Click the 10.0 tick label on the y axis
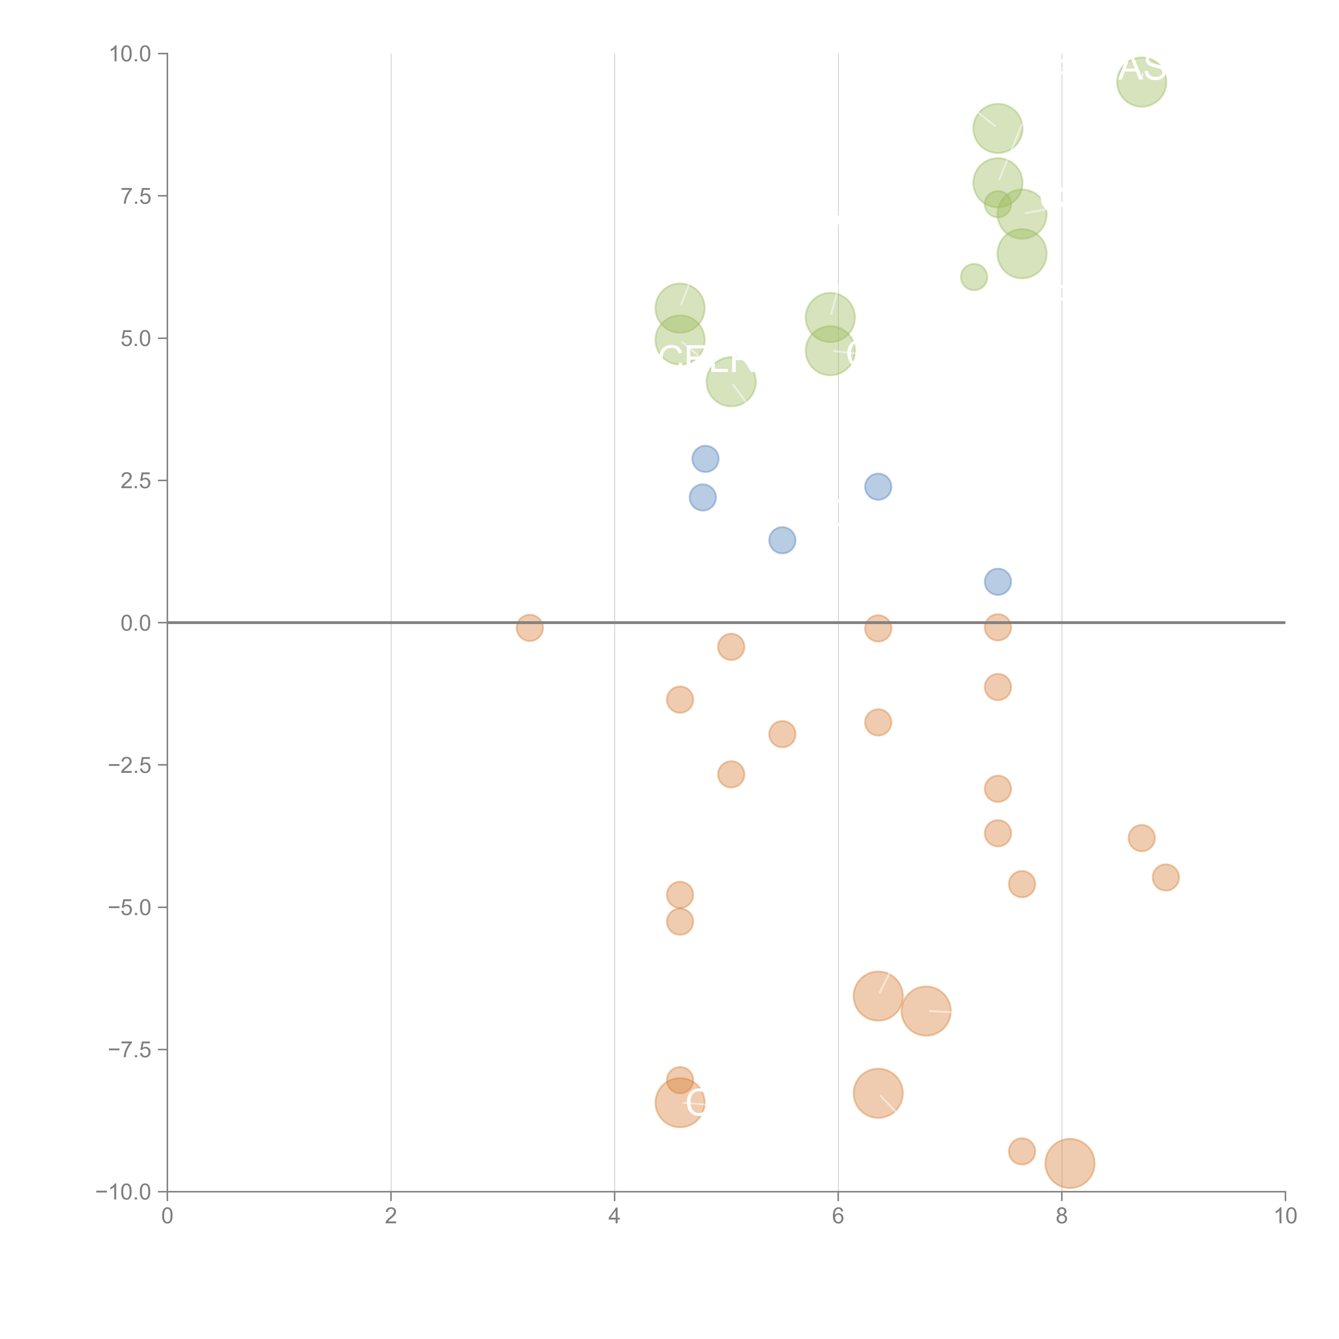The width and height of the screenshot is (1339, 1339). click(x=130, y=54)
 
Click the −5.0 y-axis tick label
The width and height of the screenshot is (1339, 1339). click(x=130, y=907)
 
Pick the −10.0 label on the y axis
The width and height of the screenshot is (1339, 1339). click(x=125, y=1192)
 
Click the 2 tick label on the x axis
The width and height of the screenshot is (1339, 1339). click(x=391, y=1216)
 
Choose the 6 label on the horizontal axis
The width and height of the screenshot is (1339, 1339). click(x=838, y=1216)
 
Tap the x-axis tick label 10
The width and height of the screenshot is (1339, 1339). click(x=1285, y=1216)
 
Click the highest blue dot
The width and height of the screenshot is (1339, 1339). click(x=705, y=459)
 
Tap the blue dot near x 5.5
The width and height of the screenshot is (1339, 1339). click(x=782, y=540)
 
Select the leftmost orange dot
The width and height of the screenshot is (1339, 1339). click(x=529, y=628)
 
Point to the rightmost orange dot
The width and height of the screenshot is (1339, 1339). click(x=1166, y=877)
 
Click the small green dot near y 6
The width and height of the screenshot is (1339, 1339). click(x=974, y=277)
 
